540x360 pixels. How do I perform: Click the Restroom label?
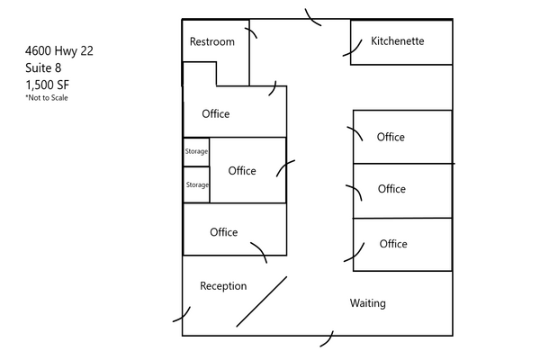[212, 42]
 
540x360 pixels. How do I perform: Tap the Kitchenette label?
[398, 41]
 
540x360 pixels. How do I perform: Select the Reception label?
[223, 286]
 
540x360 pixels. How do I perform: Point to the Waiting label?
[367, 303]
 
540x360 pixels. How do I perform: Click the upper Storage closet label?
[196, 151]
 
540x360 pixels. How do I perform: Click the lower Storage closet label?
[196, 184]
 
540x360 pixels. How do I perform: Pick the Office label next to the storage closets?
[242, 171]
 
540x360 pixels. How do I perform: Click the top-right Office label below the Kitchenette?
[391, 138]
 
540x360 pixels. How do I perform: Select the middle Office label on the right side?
[391, 189]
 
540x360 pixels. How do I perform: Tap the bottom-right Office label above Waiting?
[393, 244]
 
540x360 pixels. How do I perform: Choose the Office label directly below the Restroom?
[216, 113]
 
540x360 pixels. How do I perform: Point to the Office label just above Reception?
[224, 232]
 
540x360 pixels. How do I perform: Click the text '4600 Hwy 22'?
[59, 51]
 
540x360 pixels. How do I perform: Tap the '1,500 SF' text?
[48, 85]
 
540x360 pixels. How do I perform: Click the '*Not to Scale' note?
[47, 98]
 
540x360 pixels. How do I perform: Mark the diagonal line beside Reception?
[262, 301]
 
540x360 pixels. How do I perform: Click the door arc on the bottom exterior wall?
[329, 339]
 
